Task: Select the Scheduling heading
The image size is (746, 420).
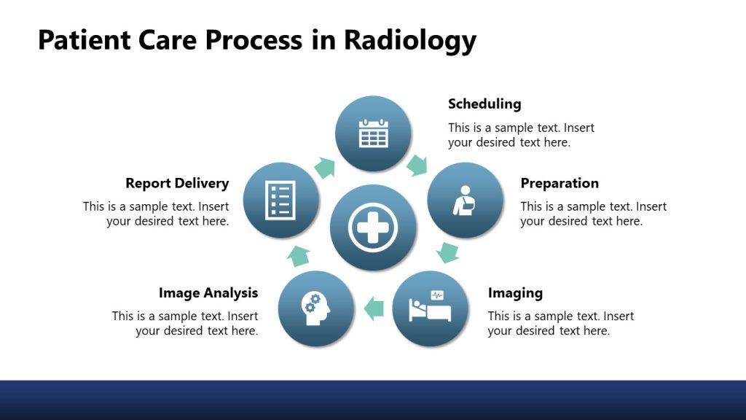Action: [x=484, y=104]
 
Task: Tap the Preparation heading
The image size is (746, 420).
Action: [x=559, y=183]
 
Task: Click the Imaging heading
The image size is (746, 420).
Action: [x=515, y=293]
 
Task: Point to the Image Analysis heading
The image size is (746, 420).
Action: [x=208, y=293]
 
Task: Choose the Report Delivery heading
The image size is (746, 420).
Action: [x=177, y=183]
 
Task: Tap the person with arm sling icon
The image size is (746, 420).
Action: [x=464, y=201]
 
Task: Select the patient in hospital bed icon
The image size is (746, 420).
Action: [x=430, y=307]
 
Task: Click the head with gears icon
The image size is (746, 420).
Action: [x=316, y=308]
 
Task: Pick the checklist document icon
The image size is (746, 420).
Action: [x=280, y=200]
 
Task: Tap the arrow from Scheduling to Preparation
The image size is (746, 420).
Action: [x=417, y=165]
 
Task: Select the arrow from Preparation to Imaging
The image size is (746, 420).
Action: [x=448, y=253]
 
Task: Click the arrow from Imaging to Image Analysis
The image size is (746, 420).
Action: [x=374, y=308]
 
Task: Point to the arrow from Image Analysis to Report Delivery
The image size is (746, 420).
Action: [x=299, y=254]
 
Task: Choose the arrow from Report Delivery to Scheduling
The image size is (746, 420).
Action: [x=324, y=168]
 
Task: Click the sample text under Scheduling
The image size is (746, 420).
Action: [x=520, y=135]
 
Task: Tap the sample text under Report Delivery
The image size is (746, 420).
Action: [x=156, y=214]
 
